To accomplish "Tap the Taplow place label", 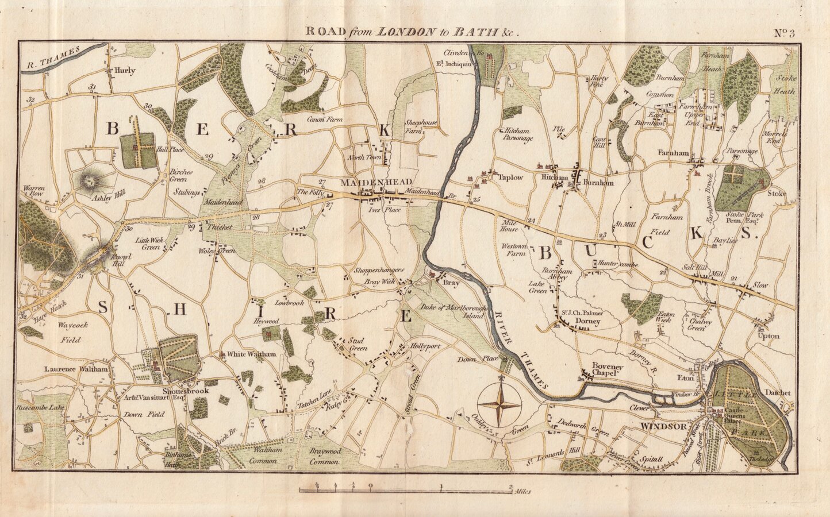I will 510,178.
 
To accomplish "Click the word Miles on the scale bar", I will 523,492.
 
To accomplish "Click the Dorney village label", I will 587,322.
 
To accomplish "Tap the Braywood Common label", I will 325,456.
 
